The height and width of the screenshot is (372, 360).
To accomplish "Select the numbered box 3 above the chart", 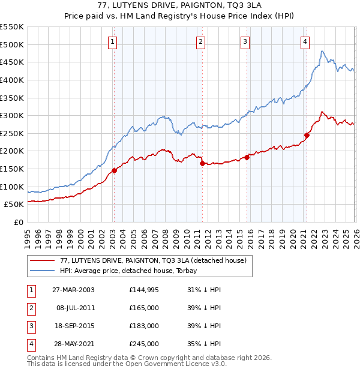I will click(245, 41).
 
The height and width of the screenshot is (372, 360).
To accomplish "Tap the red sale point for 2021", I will click(307, 135).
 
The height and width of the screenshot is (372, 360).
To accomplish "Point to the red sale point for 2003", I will click(114, 170).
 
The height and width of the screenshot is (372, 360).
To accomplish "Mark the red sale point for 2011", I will click(202, 163).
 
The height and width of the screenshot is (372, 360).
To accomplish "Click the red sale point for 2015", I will click(247, 157).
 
